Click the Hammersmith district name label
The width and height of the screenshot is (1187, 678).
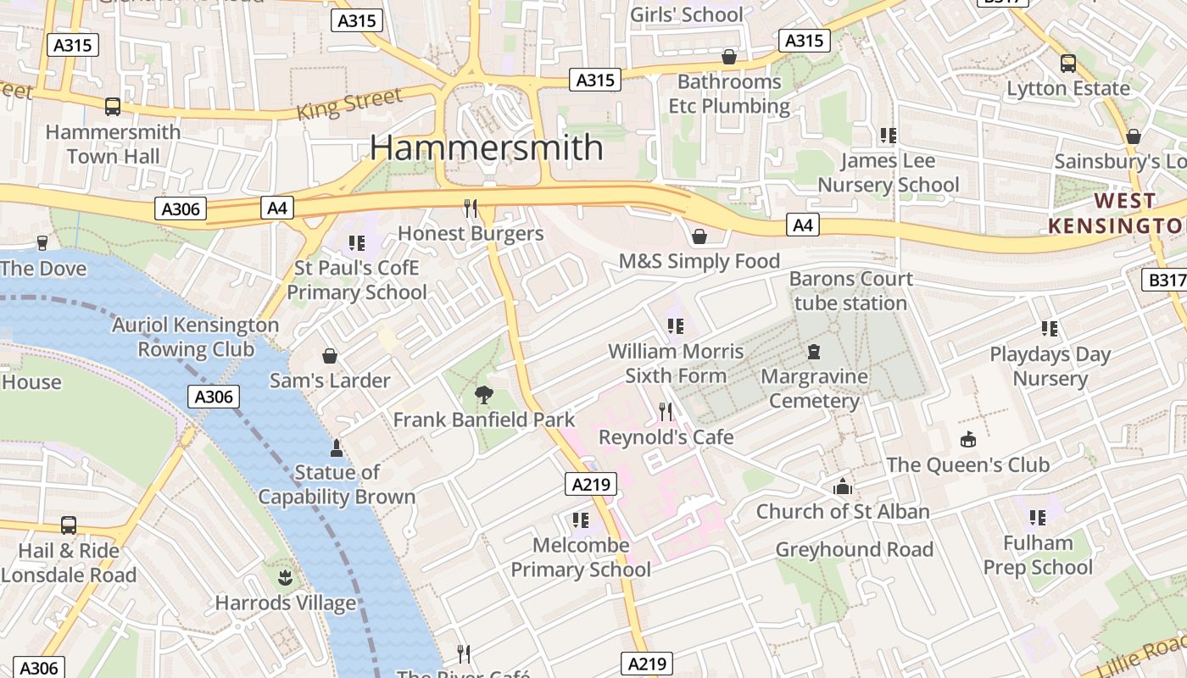(486, 147)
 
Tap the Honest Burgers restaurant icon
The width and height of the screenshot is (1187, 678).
(471, 208)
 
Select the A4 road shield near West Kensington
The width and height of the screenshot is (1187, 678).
(803, 225)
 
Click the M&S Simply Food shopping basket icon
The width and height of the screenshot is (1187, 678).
(699, 236)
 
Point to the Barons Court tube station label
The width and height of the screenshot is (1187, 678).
(850, 291)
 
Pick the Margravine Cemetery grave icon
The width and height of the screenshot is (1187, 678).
(814, 351)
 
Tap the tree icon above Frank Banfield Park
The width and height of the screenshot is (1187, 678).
(483, 394)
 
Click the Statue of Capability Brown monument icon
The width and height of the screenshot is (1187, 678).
(337, 447)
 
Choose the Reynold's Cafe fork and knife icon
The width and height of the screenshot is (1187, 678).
(666, 412)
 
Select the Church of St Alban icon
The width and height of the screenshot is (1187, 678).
(842, 486)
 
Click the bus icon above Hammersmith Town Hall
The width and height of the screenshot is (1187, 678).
(113, 107)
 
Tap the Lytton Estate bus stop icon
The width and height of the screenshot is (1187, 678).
(1068, 64)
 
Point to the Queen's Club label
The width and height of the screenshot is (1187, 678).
(967, 464)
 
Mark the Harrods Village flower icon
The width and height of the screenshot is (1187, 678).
(285, 578)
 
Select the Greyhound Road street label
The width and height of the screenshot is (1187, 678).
(854, 549)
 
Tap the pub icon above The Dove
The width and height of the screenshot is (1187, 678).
(42, 243)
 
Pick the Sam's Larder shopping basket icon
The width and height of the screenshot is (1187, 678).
(330, 356)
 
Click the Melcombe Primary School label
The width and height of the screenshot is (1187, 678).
(581, 557)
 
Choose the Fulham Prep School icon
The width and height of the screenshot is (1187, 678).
(1038, 517)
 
